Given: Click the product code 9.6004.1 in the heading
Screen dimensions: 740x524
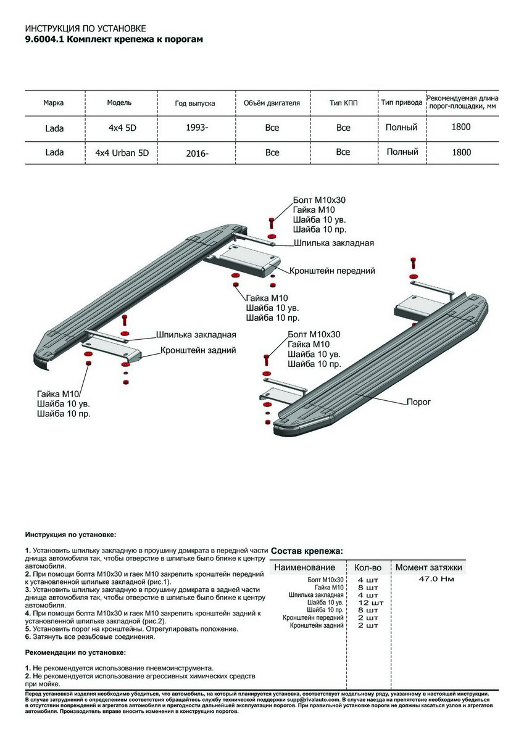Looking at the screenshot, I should click(44, 39).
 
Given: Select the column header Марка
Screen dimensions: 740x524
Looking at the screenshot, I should click(53, 103).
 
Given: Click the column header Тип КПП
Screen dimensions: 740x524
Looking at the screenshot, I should click(343, 103).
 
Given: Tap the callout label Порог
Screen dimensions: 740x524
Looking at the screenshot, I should click(418, 401).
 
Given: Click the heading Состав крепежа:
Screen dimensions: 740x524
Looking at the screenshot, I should click(307, 551).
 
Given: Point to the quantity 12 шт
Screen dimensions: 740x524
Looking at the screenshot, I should click(370, 602).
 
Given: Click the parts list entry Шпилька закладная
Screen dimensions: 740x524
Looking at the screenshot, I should click(316, 595).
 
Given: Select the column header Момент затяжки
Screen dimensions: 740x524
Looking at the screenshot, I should click(428, 567).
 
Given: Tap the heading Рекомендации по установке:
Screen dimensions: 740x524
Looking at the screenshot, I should click(75, 652).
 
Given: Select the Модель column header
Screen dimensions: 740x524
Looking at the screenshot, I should click(119, 103).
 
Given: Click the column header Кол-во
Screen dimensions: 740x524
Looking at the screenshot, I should click(368, 567).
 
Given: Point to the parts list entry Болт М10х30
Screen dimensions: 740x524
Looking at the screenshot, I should click(325, 580).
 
